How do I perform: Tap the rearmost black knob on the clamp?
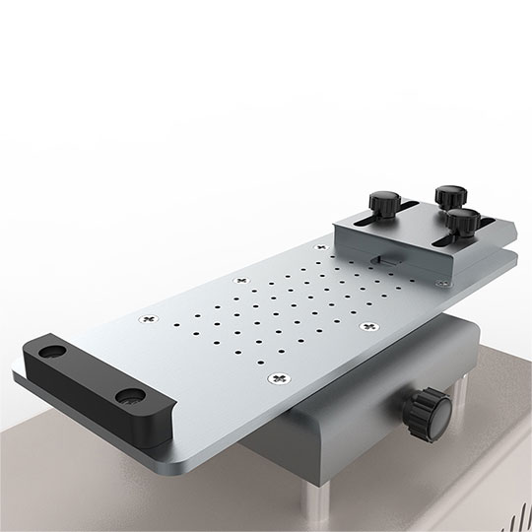[x=449, y=193]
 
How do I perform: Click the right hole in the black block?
[x=129, y=396]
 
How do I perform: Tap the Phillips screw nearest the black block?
[x=149, y=318]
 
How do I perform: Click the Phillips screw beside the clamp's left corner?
[x=239, y=280]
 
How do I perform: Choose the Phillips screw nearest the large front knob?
[x=369, y=326]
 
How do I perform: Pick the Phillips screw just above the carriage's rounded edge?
[x=282, y=378]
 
